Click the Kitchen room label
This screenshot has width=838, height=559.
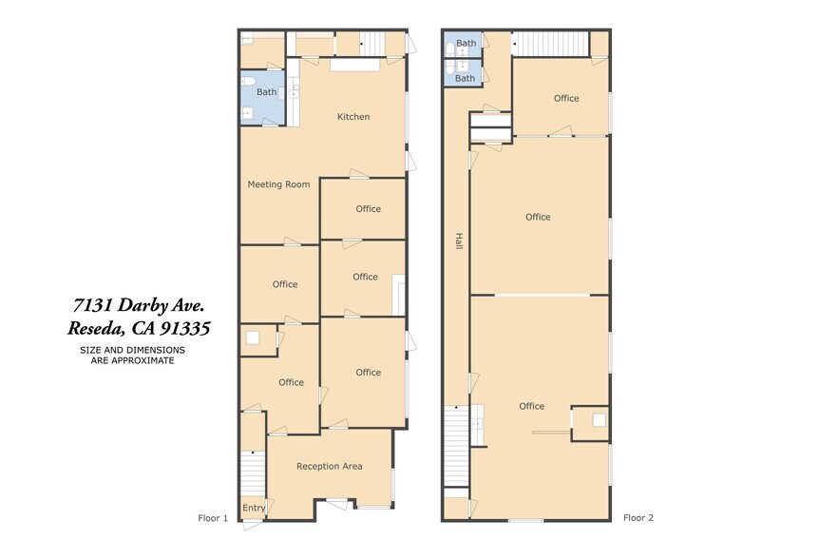(x=353, y=117)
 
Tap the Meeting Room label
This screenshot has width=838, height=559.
(x=278, y=184)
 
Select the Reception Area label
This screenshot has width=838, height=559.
(x=329, y=466)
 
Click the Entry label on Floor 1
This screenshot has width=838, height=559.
(x=254, y=509)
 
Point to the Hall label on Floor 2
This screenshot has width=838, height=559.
(x=459, y=242)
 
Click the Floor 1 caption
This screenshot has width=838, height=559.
(x=213, y=518)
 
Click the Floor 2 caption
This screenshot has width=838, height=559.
(x=638, y=518)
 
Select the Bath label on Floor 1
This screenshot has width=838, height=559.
(x=267, y=92)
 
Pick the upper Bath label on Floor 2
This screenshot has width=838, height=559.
(x=466, y=43)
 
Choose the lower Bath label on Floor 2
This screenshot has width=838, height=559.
(x=465, y=79)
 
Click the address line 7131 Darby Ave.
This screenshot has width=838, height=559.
(x=139, y=305)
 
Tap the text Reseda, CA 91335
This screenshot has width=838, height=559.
(x=139, y=329)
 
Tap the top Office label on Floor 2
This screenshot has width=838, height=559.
(x=566, y=98)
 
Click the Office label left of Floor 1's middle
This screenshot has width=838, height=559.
(x=285, y=284)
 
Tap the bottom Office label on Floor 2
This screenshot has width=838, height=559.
(x=532, y=406)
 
